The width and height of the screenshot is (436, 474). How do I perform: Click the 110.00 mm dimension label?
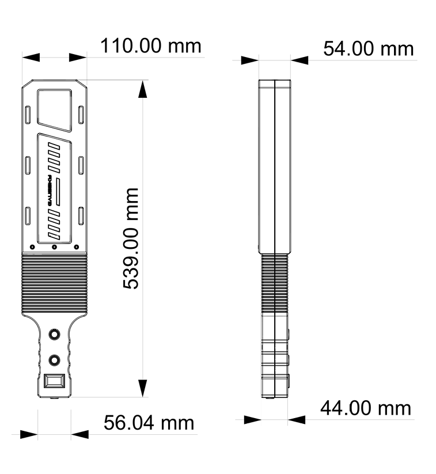pos(151,45)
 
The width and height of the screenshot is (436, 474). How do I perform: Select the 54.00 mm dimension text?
pos(368,48)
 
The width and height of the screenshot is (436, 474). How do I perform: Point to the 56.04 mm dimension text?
pos(149,423)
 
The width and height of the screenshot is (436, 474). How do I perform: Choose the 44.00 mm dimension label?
pos(366,408)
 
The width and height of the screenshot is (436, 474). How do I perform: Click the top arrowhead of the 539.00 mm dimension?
pos(143,89)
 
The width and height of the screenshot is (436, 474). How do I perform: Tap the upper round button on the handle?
pos(55,335)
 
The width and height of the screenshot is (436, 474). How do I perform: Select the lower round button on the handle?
pos(55,359)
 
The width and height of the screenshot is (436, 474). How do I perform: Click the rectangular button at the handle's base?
pos(55,381)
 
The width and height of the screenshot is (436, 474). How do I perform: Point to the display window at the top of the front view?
pos(55,108)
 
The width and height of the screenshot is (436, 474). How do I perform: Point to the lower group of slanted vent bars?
pos(54,225)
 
